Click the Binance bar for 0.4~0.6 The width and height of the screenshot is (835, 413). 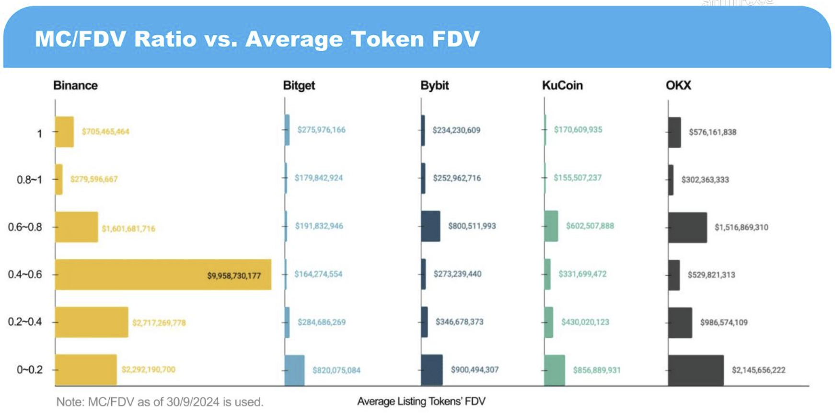163,275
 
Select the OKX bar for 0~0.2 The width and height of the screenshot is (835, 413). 696,370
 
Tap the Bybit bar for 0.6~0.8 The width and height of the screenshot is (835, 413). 430,226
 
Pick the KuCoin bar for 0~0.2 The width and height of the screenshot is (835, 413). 555,370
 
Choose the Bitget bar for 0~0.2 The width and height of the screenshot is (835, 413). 294,370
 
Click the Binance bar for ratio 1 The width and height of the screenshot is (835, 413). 64,132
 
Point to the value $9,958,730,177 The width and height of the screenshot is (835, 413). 234,275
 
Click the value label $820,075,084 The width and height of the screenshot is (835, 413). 336,370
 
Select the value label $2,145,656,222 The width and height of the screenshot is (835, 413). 758,370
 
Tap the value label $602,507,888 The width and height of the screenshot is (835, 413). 590,226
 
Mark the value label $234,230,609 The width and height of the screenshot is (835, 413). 456,130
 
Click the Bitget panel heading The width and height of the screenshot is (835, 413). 299,85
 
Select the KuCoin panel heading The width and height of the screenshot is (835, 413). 562,85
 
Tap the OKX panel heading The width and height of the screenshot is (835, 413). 678,85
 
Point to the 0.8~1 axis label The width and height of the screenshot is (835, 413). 29,180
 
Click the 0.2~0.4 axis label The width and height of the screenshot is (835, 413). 25,321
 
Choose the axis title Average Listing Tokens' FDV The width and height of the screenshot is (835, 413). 421,402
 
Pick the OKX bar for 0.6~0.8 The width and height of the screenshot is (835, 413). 687,227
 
